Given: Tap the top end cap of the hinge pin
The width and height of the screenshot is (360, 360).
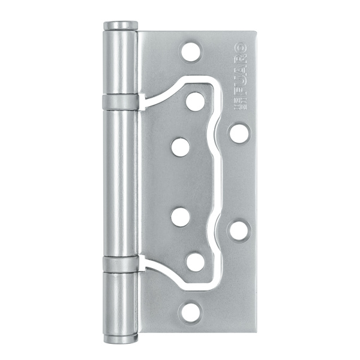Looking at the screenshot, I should pos(120,26).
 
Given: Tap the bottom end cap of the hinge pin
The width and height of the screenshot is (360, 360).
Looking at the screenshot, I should pos(120,338).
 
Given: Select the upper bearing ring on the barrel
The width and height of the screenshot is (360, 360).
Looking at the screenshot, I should pos(120,102).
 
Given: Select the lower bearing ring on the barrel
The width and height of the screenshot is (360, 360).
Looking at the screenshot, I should pos(120,264).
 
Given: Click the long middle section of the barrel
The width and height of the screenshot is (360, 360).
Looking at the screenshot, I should pos(120,183).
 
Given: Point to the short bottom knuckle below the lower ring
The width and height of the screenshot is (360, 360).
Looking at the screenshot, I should pos(120,303).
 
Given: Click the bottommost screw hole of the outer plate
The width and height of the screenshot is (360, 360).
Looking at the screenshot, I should pos(191,311).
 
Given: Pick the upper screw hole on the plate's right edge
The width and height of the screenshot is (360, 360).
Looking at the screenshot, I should pos(239,133).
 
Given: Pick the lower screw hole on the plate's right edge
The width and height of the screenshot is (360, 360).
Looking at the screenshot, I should pos(239,229).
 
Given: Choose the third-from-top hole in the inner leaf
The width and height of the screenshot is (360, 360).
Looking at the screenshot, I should pos(180,217).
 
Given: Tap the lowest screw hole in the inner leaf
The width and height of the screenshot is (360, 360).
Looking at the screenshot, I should pos(194,262).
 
